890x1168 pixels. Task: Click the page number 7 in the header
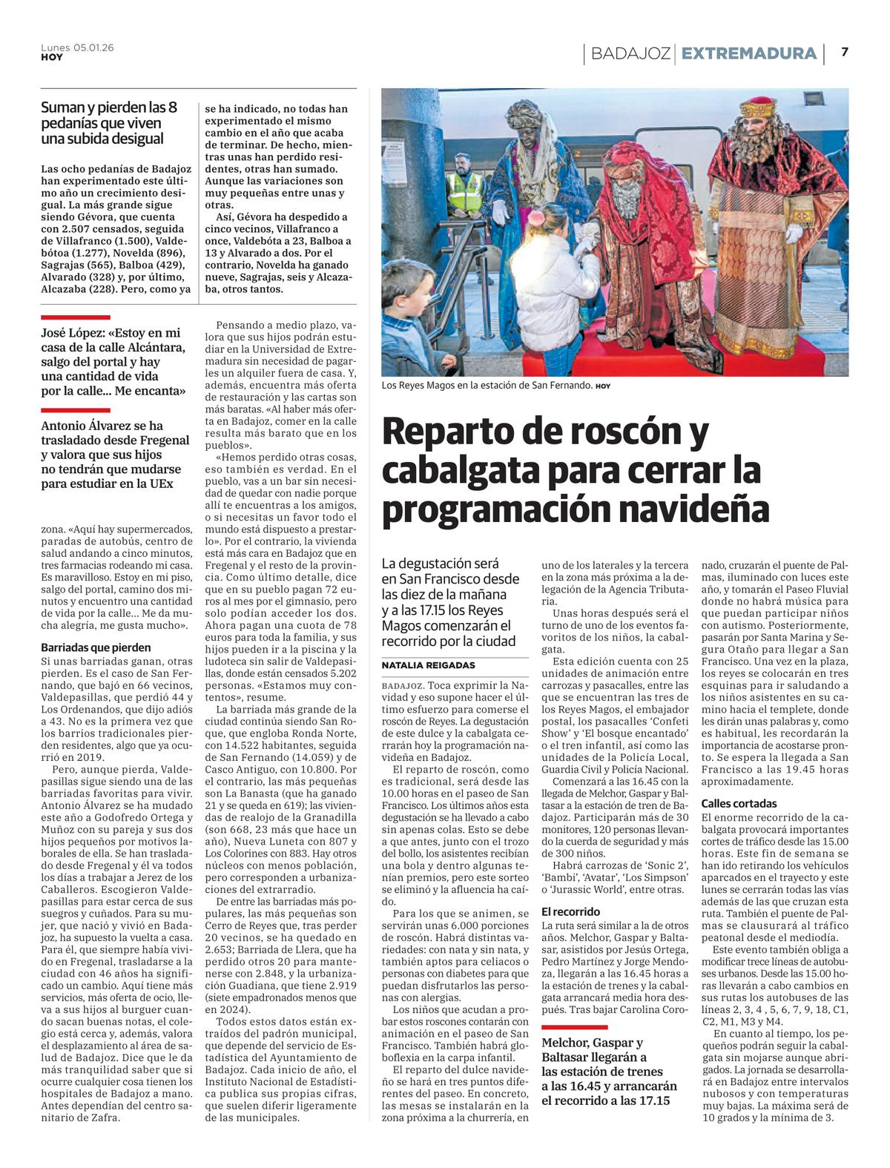coord(844,53)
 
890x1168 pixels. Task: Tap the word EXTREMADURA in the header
coord(748,53)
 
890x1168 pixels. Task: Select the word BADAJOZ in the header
coord(630,53)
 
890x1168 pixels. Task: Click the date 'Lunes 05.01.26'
coord(77,47)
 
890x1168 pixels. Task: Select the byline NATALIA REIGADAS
coord(428,665)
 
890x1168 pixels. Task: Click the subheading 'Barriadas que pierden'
coord(96,647)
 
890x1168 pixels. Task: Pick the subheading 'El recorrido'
coord(570,911)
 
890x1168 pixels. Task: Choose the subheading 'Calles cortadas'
coord(739,803)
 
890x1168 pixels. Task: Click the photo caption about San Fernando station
coord(487,386)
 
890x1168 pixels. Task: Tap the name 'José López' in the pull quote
coord(73,334)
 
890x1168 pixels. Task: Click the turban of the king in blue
coord(525,113)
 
